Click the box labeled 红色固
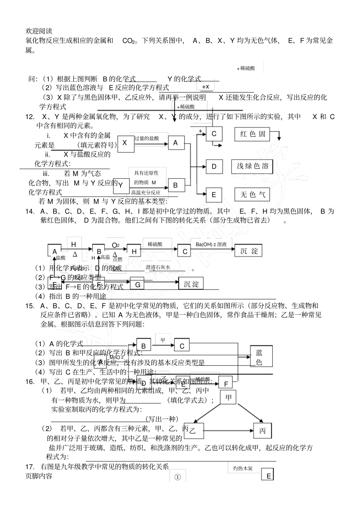(252, 134)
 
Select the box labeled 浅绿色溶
(252, 166)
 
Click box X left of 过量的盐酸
(125, 143)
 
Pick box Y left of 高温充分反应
(121, 185)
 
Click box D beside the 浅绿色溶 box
(214, 166)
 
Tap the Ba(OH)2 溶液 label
(211, 245)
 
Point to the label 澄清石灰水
(158, 267)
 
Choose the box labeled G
(138, 284)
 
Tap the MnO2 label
(117, 357)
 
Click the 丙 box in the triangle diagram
(262, 431)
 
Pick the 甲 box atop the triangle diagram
(228, 397)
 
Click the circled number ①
(177, 477)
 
